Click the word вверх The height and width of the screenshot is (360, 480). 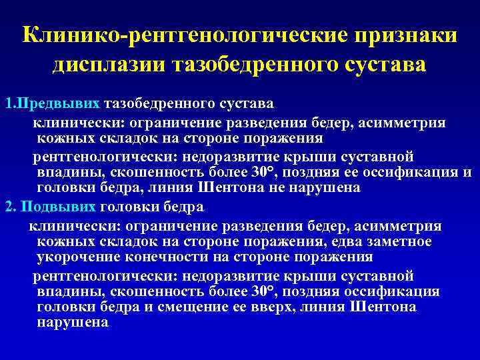313,307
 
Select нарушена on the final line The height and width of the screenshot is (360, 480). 73,322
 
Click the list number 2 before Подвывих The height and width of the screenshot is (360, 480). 8,205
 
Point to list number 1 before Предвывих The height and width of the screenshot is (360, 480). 7,104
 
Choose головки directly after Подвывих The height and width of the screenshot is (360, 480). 130,205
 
